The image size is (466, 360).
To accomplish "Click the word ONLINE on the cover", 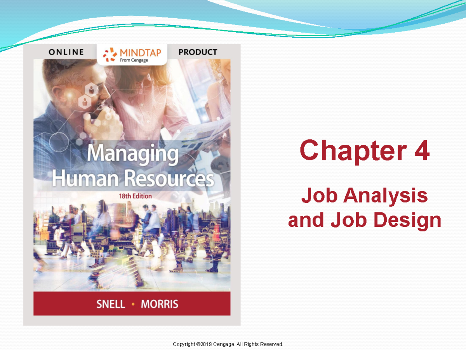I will tap(66, 52).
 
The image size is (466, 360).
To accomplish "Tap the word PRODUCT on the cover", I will tap(198, 52).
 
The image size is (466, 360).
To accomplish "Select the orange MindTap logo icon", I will tap(110, 54).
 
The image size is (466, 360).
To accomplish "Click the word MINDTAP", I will tap(140, 52).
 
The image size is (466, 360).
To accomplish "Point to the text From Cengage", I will tap(134, 60).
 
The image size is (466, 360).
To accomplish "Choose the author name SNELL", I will tap(111, 304).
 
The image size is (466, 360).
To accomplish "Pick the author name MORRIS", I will tap(159, 304).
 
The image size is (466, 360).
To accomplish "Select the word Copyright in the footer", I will tap(184, 344).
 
